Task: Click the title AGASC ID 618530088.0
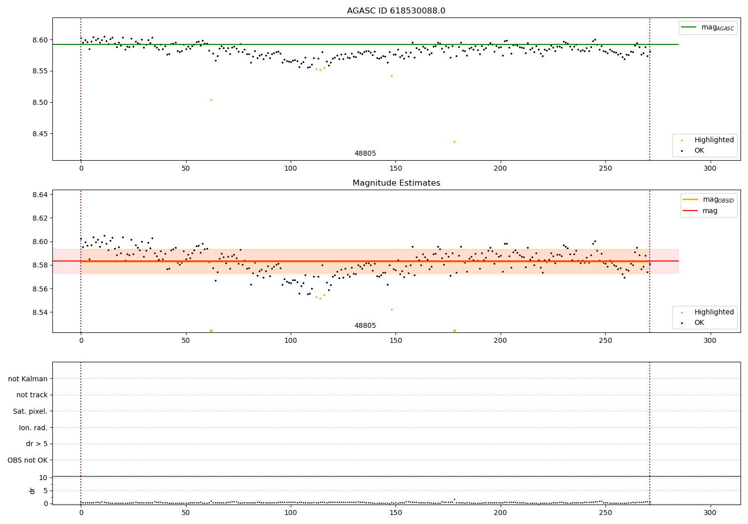396,11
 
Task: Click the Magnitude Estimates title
396,183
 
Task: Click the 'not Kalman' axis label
27,379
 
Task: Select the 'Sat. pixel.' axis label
30,411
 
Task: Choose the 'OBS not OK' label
27,460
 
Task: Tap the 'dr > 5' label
36,444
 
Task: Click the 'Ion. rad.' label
33,428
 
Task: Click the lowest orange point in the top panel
454,142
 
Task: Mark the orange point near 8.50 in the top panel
211,100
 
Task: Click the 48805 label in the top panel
365,154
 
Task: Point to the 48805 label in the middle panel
365,326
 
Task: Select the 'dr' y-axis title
32,491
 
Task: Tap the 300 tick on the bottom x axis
710,513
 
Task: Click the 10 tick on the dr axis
43,478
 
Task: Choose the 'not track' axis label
32,395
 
